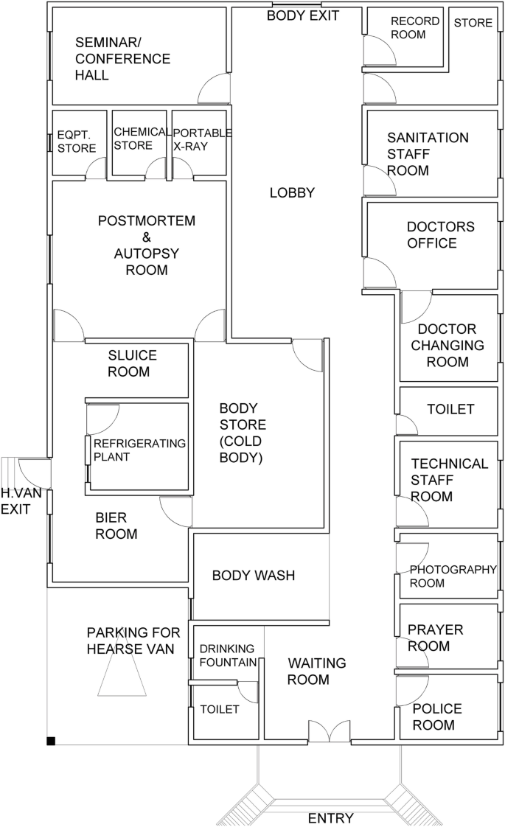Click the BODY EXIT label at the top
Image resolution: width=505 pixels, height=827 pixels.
[x=302, y=15]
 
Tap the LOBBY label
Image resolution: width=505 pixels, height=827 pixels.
[x=292, y=193]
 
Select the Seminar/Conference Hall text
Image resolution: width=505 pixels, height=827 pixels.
[x=122, y=58]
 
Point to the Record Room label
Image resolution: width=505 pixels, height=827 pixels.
[x=415, y=28]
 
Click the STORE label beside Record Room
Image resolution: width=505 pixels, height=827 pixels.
[x=473, y=23]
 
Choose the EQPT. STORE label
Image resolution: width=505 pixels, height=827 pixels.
[x=77, y=142]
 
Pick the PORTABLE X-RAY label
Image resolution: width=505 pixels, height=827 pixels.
[x=202, y=140]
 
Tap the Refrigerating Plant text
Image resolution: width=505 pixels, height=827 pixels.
[x=139, y=450]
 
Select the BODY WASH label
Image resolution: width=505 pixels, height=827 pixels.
[x=254, y=576]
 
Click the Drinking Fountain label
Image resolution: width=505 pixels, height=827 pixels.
[x=228, y=655]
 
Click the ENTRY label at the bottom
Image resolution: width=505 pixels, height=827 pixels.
[x=330, y=818]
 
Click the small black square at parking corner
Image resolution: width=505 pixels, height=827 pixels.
[x=51, y=741]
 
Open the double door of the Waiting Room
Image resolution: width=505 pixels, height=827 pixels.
[x=330, y=731]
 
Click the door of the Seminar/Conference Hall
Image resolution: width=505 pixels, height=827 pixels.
[x=215, y=88]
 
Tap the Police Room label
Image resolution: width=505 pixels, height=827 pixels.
[x=437, y=716]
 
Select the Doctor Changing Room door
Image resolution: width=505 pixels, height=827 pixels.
[x=417, y=307]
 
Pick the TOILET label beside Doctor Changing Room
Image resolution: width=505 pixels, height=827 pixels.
[x=450, y=409]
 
